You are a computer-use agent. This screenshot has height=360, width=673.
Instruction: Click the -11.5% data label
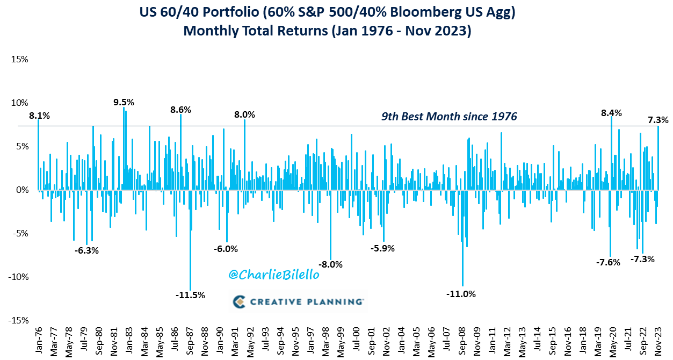point(190,295)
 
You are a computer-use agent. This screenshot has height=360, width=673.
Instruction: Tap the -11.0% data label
point(461,294)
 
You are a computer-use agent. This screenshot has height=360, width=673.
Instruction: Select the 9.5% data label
point(124,102)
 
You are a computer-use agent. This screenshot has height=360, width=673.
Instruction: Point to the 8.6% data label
point(180,110)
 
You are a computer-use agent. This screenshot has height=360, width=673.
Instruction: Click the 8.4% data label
point(611,113)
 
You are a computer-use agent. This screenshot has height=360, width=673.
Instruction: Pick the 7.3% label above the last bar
point(657,120)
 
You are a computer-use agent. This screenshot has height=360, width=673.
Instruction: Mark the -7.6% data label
point(608,263)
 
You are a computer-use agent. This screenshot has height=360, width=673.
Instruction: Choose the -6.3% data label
point(87,250)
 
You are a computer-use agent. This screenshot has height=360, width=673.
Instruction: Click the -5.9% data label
point(383,248)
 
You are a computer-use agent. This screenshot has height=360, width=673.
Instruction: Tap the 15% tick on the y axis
point(19,59)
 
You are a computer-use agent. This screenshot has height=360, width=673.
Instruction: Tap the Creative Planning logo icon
point(240,302)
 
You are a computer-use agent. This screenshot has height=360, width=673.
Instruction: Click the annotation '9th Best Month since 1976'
point(449,116)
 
